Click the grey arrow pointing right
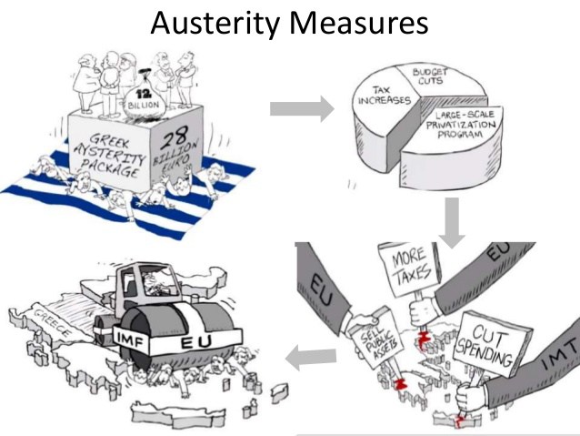pos(302,109)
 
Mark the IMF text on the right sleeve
pos(561,365)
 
